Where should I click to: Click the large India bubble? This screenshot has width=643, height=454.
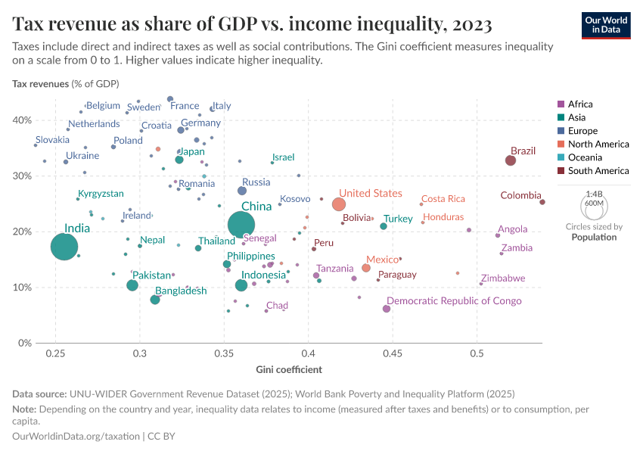pos(64,247)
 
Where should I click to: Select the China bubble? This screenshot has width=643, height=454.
pos(241,224)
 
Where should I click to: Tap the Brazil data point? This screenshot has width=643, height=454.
pos(511,160)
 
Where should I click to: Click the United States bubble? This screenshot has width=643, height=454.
pos(339,204)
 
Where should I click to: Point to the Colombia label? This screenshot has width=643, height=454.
pos(520,195)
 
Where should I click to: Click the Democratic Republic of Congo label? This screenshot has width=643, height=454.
pos(454,300)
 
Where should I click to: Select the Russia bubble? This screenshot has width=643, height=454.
pos(242,191)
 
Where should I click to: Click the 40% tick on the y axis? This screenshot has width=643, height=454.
pos(21,120)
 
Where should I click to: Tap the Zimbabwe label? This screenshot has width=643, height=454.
pos(503,278)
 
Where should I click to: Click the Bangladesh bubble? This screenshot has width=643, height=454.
pos(155,300)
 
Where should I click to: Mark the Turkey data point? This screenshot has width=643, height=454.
pos(384,226)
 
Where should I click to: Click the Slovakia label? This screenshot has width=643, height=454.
pos(52,139)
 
